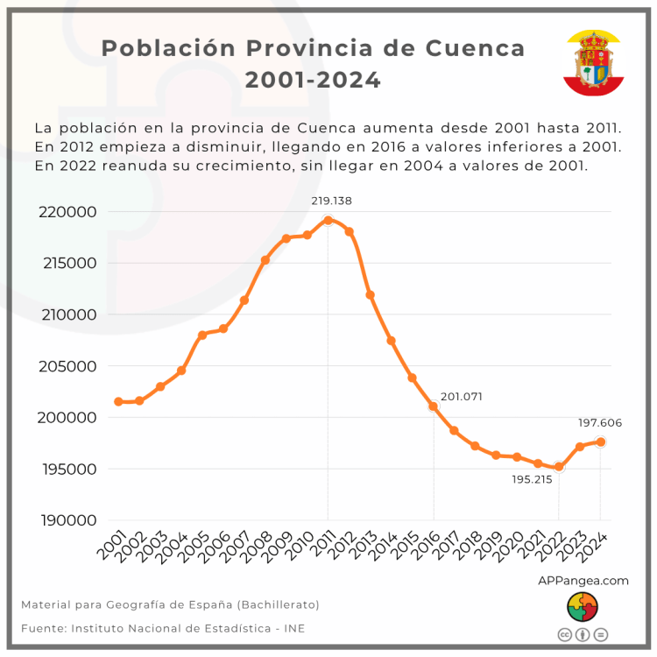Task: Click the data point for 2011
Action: tap(328, 220)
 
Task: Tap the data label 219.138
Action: tap(332, 201)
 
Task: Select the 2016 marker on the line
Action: tap(433, 406)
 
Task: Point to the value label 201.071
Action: tap(462, 397)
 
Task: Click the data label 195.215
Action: tap(533, 479)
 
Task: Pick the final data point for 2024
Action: tap(601, 442)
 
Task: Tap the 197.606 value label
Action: tap(599, 423)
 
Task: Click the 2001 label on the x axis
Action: tap(112, 548)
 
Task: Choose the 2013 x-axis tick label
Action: tap(364, 548)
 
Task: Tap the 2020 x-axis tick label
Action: tap(511, 548)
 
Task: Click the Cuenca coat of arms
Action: tap(593, 62)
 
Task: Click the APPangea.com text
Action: tap(583, 580)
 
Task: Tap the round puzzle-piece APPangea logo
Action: tap(583, 606)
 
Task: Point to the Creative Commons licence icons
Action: tap(583, 634)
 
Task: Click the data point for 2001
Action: tap(118, 401)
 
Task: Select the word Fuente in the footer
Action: tap(41, 628)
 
